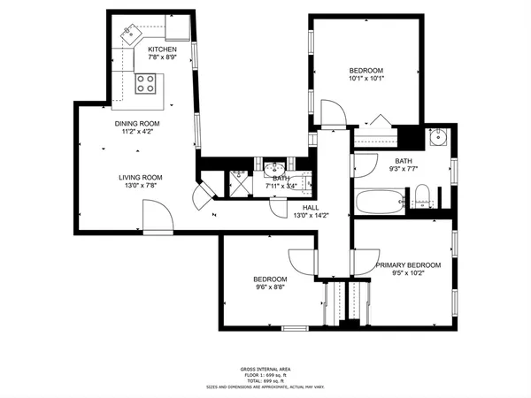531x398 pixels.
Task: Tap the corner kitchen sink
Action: tap(132, 34)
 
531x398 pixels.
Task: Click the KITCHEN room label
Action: tap(162, 50)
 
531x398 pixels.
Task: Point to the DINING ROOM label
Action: tap(137, 123)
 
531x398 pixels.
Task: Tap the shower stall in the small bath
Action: tap(239, 181)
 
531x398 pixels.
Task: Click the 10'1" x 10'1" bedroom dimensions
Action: tap(365, 80)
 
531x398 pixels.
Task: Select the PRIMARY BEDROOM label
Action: tap(408, 264)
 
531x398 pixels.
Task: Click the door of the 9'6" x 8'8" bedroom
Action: tap(301, 261)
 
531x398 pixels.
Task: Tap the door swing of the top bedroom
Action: tap(333, 112)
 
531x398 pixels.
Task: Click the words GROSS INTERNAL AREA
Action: tap(265, 369)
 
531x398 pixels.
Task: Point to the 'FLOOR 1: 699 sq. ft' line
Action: tap(265, 375)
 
